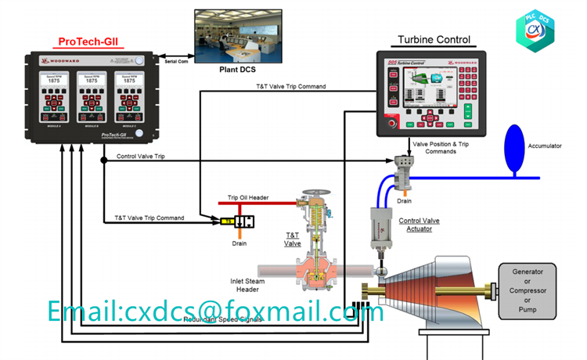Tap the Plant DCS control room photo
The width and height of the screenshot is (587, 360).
232,35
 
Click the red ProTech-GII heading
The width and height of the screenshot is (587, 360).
88,41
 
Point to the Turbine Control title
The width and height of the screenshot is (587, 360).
434,39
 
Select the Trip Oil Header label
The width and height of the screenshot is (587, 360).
248,197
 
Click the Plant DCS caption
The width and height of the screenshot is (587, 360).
237,69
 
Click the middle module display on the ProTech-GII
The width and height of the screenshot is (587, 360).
92,99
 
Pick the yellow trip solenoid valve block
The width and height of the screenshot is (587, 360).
231,221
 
